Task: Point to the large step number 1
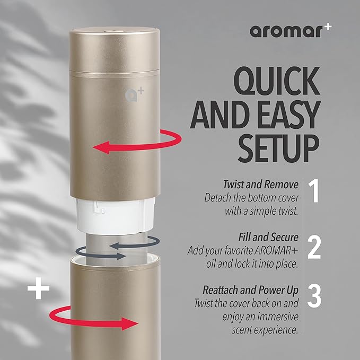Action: [315, 192]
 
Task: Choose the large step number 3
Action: [315, 297]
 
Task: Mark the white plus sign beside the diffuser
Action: [38, 290]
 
